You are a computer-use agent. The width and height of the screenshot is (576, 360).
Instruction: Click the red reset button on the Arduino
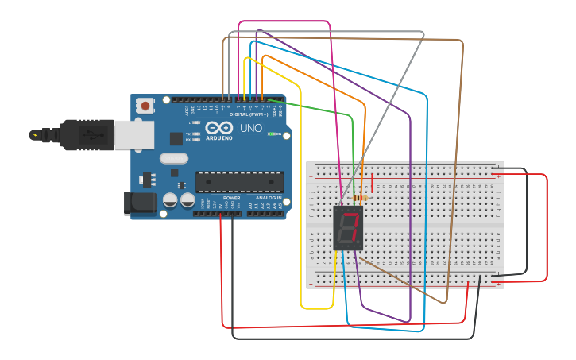(145, 105)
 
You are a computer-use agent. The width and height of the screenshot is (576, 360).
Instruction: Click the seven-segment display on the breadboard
(347, 228)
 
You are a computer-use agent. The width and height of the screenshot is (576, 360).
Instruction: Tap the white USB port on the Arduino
(133, 135)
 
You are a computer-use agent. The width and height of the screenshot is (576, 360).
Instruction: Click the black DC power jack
(141, 203)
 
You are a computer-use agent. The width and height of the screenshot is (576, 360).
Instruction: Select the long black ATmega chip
(239, 182)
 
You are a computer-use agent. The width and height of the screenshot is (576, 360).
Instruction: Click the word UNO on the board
(250, 128)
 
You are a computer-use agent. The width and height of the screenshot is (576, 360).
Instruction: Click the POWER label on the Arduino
(231, 198)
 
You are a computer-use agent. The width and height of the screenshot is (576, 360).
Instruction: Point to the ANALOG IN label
(269, 198)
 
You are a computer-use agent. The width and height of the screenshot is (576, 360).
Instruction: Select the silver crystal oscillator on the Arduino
(173, 158)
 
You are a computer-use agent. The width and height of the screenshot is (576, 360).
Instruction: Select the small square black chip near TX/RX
(176, 138)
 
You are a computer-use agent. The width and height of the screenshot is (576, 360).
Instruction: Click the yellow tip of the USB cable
(34, 135)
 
